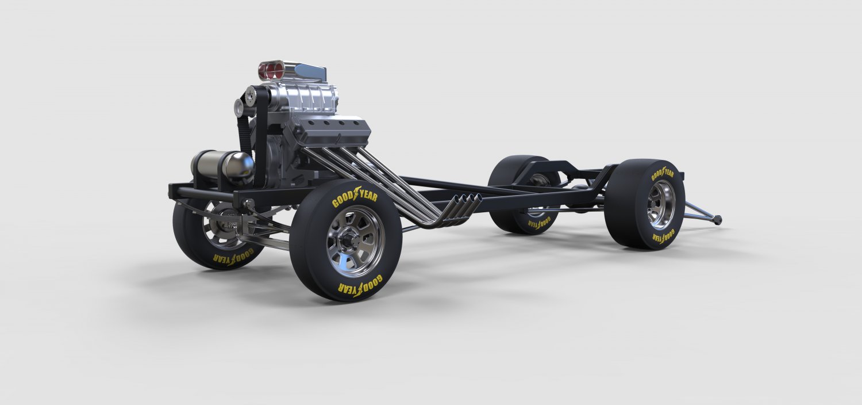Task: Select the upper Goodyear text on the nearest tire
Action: click(355, 196)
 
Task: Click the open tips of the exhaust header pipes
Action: click(465, 201)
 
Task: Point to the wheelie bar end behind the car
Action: click(717, 219)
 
